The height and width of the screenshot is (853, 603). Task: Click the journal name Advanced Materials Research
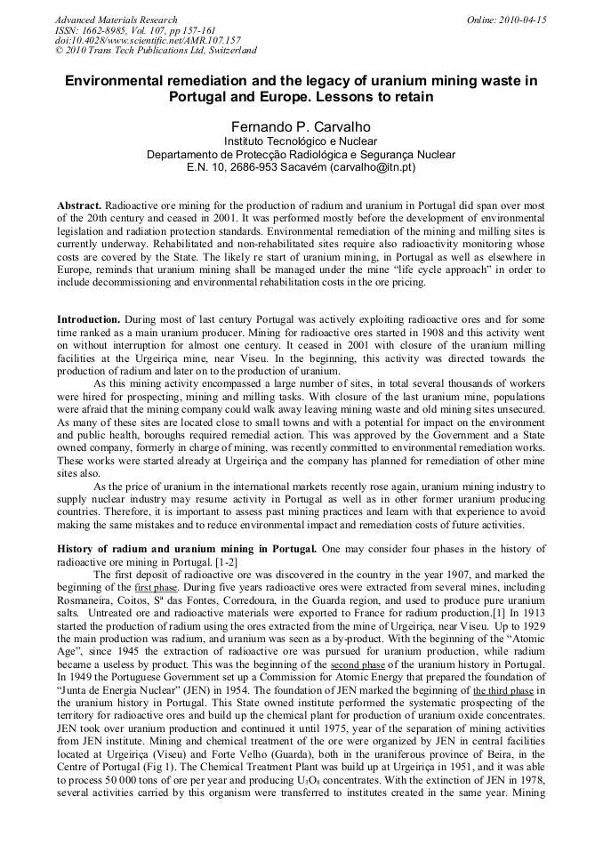coord(116,20)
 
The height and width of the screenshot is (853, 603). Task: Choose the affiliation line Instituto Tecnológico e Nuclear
coord(301,141)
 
